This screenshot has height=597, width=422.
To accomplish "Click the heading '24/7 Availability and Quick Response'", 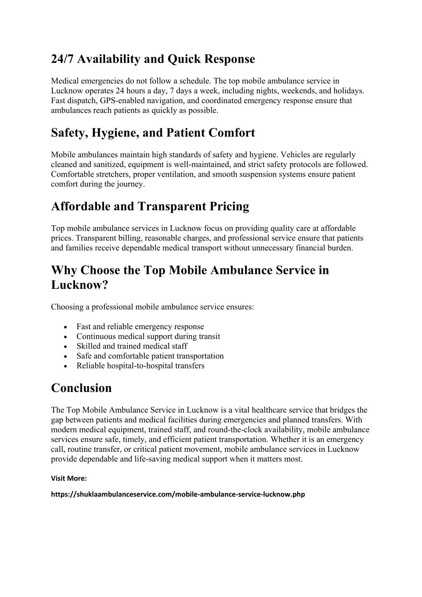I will click(x=153, y=59).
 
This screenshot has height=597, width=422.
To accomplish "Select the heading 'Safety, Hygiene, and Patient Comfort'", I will click(x=153, y=133).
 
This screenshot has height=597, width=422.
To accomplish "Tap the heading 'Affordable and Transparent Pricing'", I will click(x=150, y=206).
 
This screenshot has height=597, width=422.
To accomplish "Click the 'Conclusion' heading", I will click(x=81, y=388).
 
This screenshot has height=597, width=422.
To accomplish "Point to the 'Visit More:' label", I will click(x=68, y=479).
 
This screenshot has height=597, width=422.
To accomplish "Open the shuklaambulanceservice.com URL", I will click(x=178, y=494).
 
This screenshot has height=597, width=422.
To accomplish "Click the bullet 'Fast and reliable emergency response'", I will click(x=140, y=327).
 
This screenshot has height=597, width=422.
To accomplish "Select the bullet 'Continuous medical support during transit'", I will click(x=148, y=336).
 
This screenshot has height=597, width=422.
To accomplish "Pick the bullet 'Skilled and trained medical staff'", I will click(x=132, y=346).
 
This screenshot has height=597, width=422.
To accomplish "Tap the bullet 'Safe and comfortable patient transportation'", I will click(x=150, y=356).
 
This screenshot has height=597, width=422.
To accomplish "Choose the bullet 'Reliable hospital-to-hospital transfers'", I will click(x=140, y=366).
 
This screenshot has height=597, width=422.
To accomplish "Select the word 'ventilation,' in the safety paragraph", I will click(x=176, y=174).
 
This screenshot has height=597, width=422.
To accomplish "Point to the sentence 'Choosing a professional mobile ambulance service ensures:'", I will click(x=153, y=307).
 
